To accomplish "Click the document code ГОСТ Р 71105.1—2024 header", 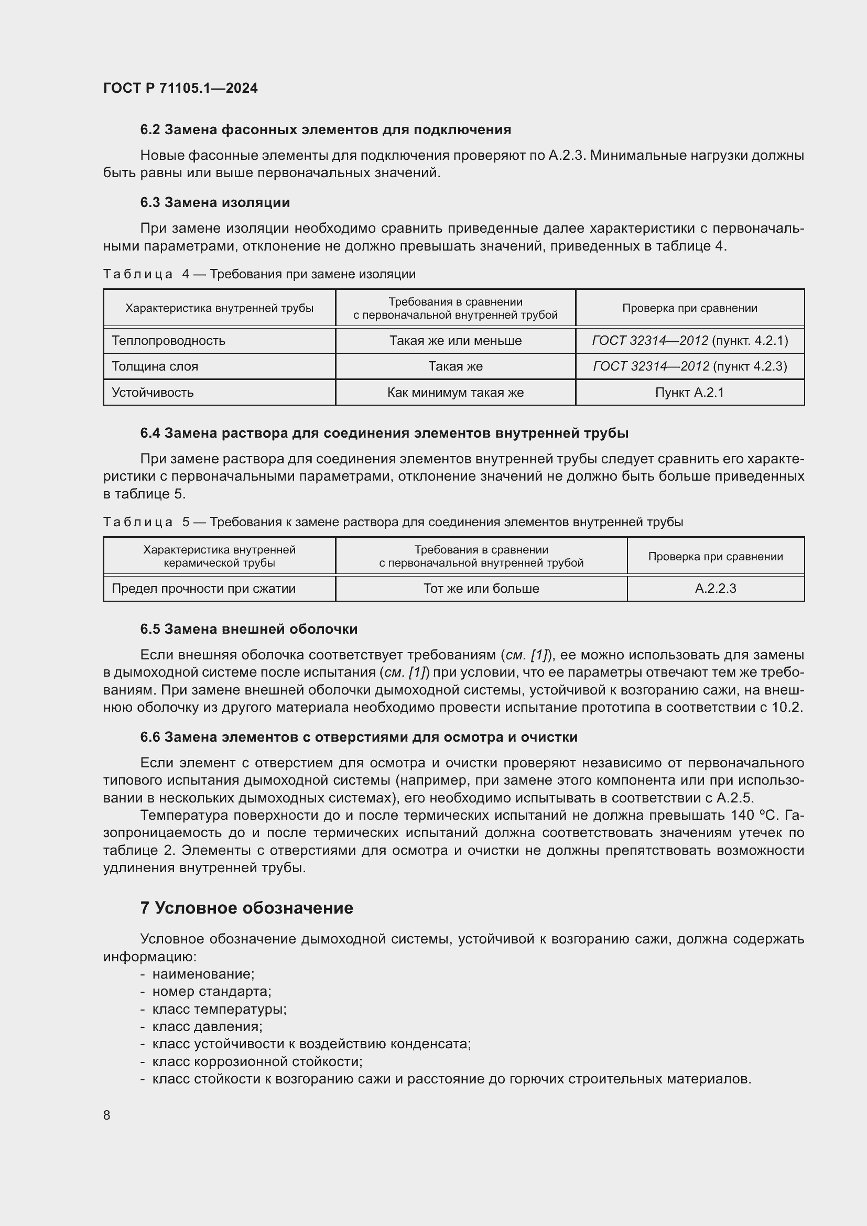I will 180,89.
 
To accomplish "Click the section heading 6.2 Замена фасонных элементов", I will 325,130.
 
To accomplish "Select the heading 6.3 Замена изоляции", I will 214,202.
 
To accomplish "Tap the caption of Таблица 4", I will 259,274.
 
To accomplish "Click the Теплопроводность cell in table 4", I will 168,341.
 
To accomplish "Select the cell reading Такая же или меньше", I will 455,341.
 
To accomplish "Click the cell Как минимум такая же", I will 455,393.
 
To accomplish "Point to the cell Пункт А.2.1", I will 689,393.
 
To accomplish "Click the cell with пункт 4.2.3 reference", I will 689,366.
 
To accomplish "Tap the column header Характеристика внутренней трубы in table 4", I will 219,308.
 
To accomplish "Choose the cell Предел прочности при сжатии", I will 203,589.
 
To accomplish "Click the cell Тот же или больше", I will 481,589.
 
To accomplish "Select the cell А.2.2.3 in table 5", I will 715,589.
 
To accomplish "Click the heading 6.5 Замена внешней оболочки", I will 249,629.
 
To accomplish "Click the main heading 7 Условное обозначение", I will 247,908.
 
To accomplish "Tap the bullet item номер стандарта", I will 211,992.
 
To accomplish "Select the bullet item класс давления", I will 207,1026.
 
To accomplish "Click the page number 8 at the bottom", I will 107,1115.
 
